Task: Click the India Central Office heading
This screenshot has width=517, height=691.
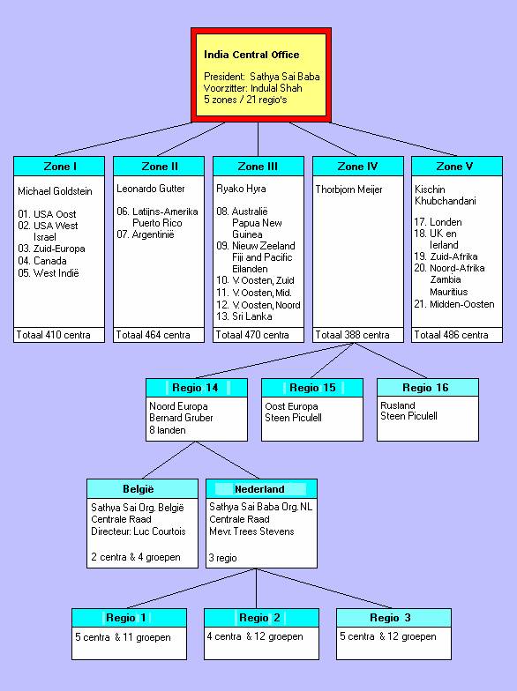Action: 251,55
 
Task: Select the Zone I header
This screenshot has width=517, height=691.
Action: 60,166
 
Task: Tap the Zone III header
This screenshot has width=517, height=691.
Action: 258,166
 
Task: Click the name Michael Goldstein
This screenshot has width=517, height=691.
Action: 55,191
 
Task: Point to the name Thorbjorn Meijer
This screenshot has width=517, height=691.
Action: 349,189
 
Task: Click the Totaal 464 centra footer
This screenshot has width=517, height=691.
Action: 153,335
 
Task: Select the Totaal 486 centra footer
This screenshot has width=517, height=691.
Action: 451,335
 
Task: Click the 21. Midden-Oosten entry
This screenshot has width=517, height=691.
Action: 453,304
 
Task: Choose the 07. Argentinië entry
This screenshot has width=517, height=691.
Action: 145,234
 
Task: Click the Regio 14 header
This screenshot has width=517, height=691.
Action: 196,388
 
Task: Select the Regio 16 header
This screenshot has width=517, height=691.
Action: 425,388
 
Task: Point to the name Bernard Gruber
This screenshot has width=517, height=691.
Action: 181,418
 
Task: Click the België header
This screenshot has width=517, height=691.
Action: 139,489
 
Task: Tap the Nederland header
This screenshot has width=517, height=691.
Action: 259,489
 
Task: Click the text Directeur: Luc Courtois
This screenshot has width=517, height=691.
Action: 138,531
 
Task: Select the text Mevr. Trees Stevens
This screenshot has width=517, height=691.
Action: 251,531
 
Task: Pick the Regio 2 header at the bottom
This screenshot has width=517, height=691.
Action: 259,618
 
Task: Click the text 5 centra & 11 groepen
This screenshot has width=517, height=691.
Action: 123,637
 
